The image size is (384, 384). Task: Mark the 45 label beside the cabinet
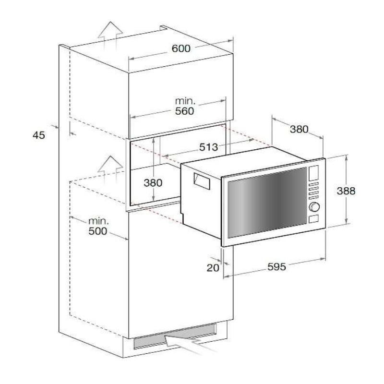pyautogui.click(x=39, y=135)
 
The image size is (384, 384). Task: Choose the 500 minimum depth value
pyautogui.click(x=98, y=232)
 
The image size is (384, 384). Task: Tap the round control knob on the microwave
pyautogui.click(x=314, y=207)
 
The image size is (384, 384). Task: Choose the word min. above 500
pyautogui.click(x=98, y=222)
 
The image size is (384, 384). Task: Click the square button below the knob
pyautogui.click(x=314, y=219)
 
